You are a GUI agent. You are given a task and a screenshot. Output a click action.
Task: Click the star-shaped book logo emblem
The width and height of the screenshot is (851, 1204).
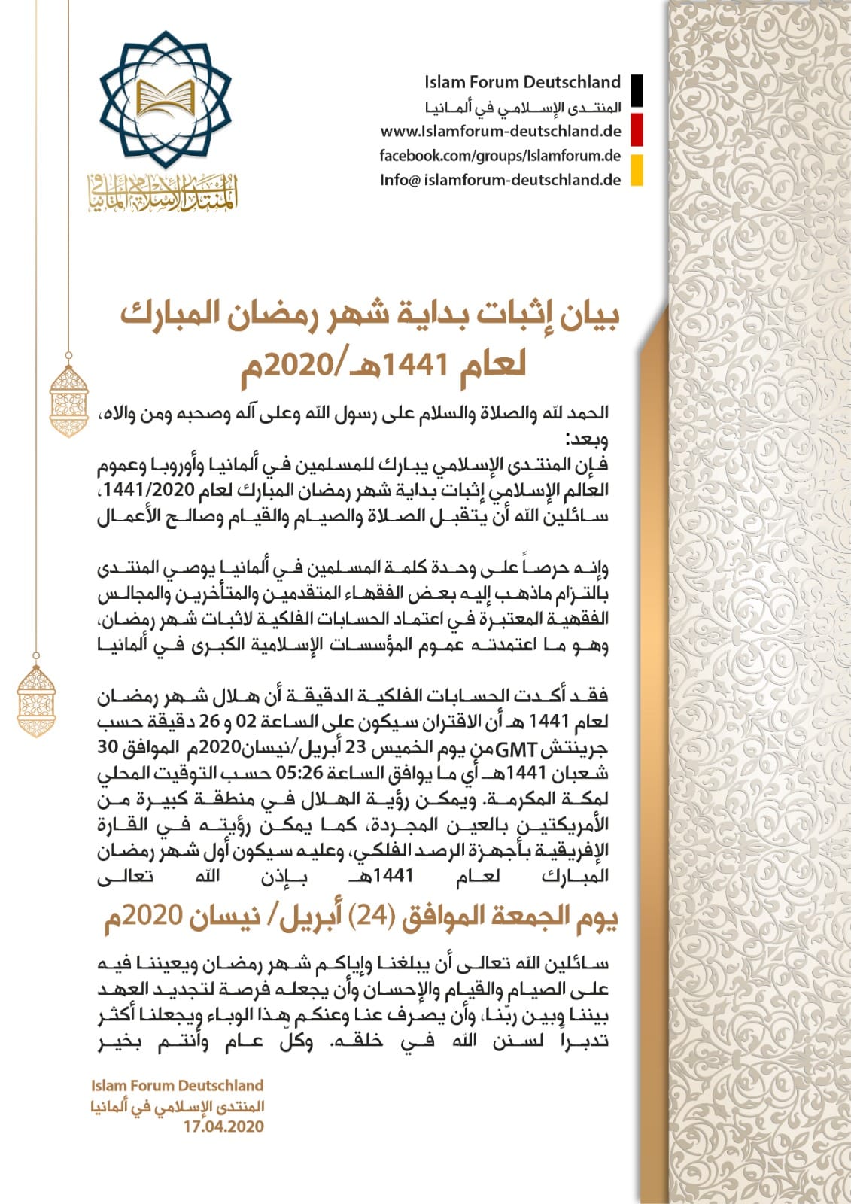coord(167,99)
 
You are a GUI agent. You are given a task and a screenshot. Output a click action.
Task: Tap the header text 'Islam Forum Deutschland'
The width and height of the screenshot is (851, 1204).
coord(522,82)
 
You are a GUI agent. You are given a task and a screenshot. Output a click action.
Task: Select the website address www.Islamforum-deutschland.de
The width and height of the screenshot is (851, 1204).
coord(500,131)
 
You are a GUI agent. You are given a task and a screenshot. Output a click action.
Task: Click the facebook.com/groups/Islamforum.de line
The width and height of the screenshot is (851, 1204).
coord(500,156)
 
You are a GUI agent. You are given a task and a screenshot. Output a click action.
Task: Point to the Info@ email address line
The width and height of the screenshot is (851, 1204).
coord(500,180)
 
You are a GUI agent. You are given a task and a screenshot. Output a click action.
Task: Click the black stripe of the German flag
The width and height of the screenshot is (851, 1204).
coord(637,91)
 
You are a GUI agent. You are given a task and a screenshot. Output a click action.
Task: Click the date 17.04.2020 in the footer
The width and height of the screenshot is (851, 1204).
coord(223,1126)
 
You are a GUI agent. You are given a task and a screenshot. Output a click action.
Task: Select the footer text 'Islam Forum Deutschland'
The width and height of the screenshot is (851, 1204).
coord(177,1085)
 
